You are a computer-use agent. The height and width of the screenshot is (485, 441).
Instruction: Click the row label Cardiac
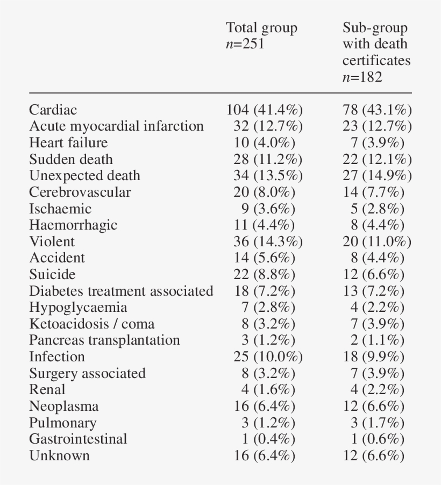pyautogui.click(x=53, y=110)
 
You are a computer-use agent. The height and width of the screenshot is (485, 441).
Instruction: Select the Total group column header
pyautogui.click(x=261, y=28)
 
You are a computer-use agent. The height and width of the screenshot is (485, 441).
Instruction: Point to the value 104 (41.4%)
pyautogui.click(x=264, y=110)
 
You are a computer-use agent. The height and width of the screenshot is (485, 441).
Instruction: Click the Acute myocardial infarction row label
pyautogui.click(x=116, y=126)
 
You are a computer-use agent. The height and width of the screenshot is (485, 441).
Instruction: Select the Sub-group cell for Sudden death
pyautogui.click(x=377, y=160)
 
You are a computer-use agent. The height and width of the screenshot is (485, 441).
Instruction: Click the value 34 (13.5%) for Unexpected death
pyautogui.click(x=264, y=176)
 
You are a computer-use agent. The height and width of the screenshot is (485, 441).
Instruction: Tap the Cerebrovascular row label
pyautogui.click(x=80, y=192)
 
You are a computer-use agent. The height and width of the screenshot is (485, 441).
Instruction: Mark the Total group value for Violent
pyautogui.click(x=264, y=241)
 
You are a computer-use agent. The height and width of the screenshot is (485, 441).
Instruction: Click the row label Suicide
pyautogui.click(x=52, y=275)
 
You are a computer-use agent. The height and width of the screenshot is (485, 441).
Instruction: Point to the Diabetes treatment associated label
pyautogui.click(x=121, y=291)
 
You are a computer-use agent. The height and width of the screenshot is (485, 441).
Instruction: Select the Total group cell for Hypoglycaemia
pyautogui.click(x=267, y=308)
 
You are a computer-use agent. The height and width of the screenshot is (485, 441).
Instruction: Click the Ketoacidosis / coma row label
pyautogui.click(x=91, y=324)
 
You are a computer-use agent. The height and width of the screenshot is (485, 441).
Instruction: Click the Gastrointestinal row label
pyautogui.click(x=78, y=439)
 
